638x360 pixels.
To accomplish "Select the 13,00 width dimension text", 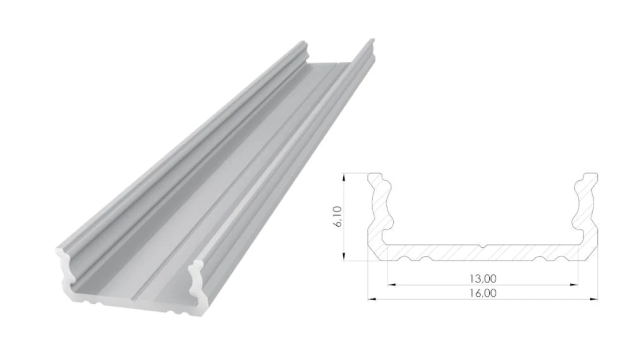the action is pos(483,279).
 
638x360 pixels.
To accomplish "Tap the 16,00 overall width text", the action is pos(483,293).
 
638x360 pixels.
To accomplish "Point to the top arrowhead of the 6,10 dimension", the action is pos(344,177).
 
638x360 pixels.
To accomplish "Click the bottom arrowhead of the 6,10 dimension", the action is pos(344,256).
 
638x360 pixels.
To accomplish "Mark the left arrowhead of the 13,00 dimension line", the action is pos(392,285).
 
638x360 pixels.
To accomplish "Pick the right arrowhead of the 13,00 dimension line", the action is pos(574,285).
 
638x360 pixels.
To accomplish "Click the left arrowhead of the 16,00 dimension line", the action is pos(372,299).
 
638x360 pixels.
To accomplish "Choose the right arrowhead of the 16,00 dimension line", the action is pos(593,299).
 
